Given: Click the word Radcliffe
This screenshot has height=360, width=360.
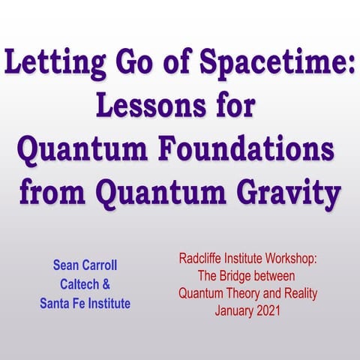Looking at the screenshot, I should (x=204, y=259).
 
